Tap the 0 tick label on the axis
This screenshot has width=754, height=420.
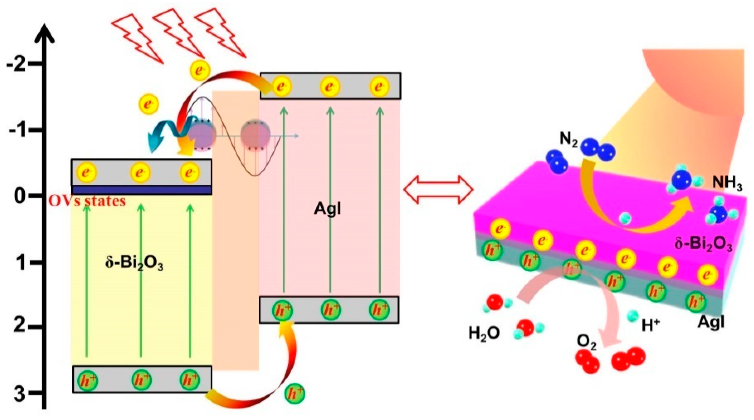[x=20, y=196]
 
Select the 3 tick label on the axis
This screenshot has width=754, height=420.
[x=20, y=393]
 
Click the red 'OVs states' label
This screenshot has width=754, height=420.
[x=88, y=201]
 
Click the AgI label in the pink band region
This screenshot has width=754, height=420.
[x=327, y=209]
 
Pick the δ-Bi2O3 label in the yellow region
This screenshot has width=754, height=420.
[x=134, y=264]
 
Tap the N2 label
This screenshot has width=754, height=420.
[x=568, y=140]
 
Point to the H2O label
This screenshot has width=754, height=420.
[x=484, y=333]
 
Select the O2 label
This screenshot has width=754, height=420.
[x=586, y=342]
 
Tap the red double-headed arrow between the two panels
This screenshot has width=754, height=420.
[x=438, y=189]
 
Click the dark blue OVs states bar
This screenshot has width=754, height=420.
[x=142, y=190]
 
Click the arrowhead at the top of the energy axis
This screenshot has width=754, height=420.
[x=45, y=34]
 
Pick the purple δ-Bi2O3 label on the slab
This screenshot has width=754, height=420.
[x=703, y=244]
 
